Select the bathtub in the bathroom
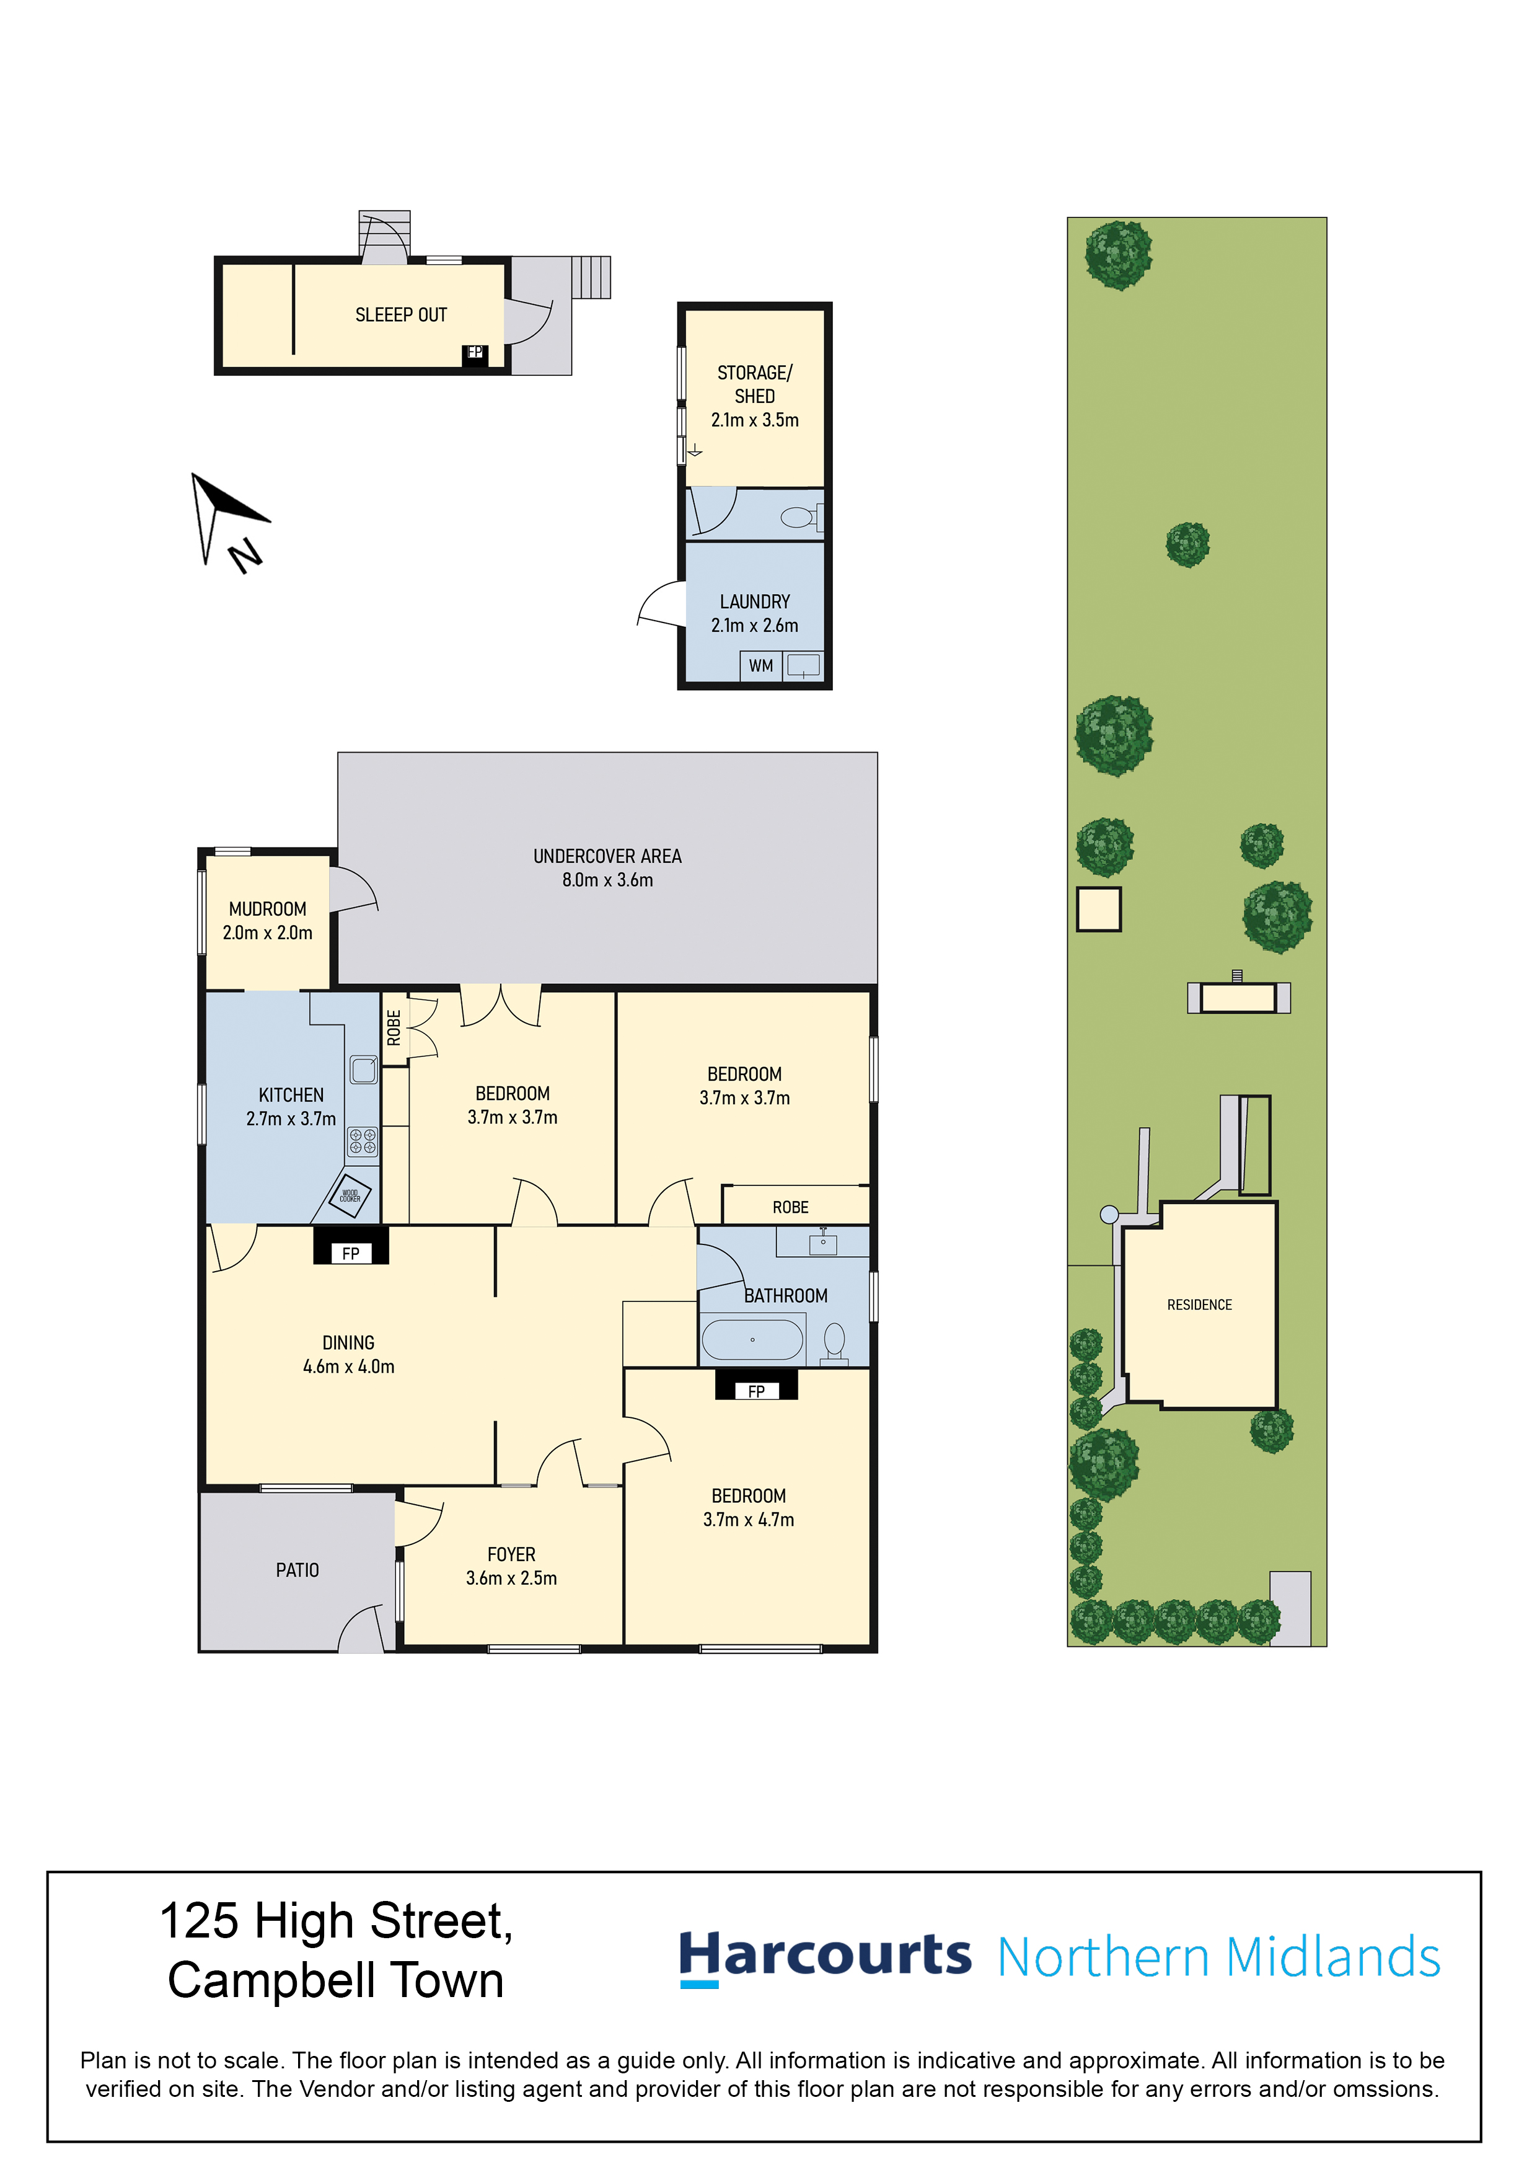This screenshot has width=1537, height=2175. (x=752, y=1339)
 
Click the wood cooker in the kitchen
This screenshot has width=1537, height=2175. (x=350, y=1195)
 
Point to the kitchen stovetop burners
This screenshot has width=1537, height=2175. (x=362, y=1141)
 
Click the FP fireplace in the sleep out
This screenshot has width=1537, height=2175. (x=475, y=354)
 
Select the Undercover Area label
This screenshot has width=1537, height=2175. (x=607, y=856)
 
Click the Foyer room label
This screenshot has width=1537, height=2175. (x=511, y=1554)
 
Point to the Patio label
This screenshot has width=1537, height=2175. (x=297, y=1570)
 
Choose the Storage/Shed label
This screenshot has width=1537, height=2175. (x=755, y=384)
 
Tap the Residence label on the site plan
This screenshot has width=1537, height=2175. (x=1199, y=1305)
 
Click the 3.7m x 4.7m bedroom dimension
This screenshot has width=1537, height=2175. (x=748, y=1520)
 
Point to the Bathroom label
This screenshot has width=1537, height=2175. (x=786, y=1295)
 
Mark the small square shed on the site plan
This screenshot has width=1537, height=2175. (x=1099, y=910)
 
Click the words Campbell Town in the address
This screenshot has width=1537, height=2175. (x=336, y=1981)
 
